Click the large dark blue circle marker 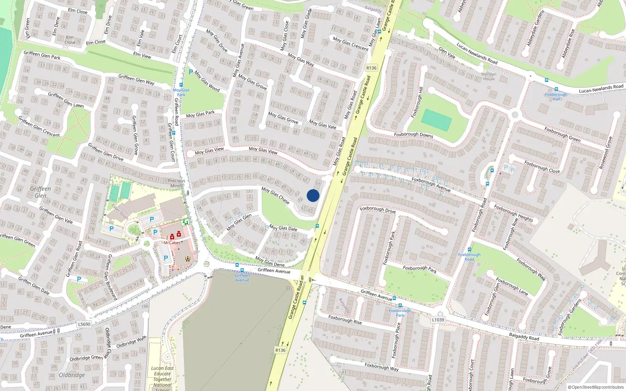[313, 195]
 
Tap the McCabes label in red [172, 243]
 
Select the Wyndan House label [489, 76]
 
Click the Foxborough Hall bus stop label [556, 97]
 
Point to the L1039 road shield [438, 319]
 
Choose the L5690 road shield [84, 324]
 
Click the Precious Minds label [176, 183]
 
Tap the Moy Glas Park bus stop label [181, 92]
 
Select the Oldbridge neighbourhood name [72, 375]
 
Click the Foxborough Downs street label [414, 135]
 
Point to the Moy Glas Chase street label [275, 195]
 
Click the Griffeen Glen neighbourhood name [40, 192]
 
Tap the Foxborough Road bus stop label [469, 257]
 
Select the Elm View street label [142, 55]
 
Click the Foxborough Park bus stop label [400, 313]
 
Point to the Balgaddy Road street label [524, 336]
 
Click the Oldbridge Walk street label [131, 342]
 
